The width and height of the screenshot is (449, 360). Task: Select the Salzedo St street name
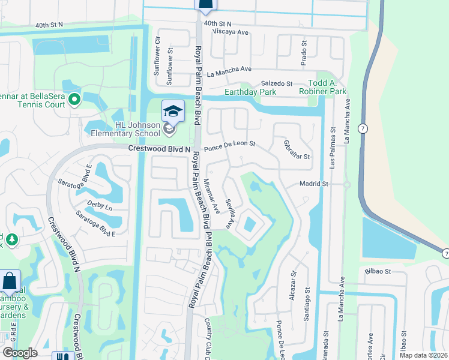276,83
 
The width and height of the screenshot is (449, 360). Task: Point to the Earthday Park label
250,92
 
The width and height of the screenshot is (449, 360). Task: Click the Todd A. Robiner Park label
327,87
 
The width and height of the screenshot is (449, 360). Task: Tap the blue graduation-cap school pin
173,112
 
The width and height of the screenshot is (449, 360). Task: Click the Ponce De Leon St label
230,145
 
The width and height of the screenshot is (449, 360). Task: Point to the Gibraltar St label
296,149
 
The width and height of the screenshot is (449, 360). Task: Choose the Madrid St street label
315,184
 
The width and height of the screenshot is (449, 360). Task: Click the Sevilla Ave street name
229,213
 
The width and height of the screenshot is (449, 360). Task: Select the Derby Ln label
100,206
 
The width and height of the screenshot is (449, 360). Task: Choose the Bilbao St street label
378,271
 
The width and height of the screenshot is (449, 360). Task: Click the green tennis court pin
74,99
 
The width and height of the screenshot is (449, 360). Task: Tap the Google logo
20,353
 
